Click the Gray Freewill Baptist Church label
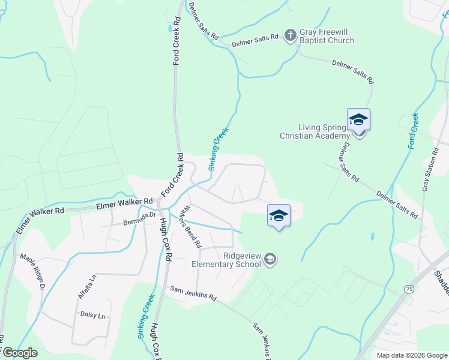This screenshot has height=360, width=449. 327,37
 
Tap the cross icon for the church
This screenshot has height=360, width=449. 290,35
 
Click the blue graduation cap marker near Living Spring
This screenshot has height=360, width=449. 358,119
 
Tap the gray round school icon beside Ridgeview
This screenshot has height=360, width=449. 270,259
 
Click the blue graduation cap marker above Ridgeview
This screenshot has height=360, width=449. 279,215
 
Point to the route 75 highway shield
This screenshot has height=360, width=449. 408,289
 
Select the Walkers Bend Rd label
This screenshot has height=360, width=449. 191,227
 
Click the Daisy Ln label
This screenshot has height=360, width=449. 92,315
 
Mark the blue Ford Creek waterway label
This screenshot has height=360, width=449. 414,130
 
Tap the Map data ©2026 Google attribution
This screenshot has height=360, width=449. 412,355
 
